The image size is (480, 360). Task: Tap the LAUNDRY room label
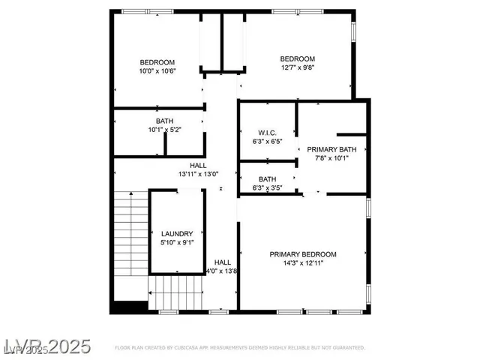[177, 233]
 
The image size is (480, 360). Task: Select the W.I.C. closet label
[268, 132]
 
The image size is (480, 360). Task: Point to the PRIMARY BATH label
[331, 148]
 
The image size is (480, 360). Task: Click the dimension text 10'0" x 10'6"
[157, 71]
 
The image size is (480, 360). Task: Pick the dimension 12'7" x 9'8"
[297, 68]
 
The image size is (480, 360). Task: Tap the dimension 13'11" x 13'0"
[198, 174]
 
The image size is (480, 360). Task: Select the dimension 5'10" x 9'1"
[177, 242]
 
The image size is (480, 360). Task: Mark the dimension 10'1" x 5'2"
[164, 130]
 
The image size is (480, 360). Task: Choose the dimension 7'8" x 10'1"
[331, 158]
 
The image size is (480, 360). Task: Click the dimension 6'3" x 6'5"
[268, 141]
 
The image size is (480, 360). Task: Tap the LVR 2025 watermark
[46, 346]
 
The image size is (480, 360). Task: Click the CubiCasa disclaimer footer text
[240, 348]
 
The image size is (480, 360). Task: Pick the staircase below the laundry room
[176, 292]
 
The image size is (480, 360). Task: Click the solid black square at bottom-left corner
[128, 307]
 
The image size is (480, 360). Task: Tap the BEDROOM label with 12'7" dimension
[297, 59]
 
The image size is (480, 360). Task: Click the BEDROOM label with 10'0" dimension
[157, 62]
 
